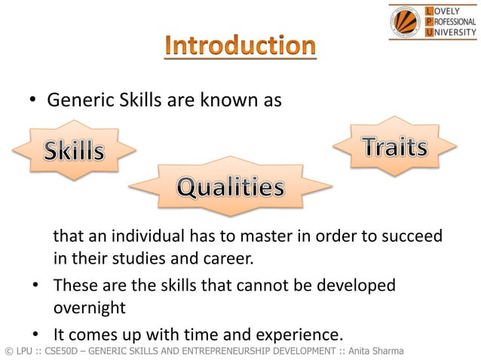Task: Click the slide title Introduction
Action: [x=240, y=47]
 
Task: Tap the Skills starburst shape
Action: [x=74, y=151]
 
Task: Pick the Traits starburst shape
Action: [x=394, y=148]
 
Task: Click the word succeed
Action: [x=412, y=238]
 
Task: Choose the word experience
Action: [x=300, y=332]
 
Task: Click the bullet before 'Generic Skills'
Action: [x=33, y=101]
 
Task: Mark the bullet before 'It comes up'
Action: [x=35, y=334]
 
